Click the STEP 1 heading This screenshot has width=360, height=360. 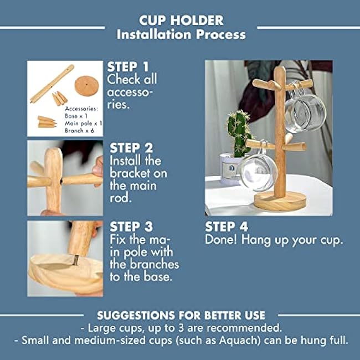click(128, 66)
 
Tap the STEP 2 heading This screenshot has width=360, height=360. click(131, 148)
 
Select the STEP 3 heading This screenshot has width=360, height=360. click(131, 227)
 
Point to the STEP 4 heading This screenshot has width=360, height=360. click(227, 227)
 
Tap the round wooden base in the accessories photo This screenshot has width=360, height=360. click(86, 85)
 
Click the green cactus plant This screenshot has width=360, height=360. click(239, 132)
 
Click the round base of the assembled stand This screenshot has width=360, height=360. click(280, 200)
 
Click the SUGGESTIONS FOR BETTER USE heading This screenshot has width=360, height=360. click(181, 315)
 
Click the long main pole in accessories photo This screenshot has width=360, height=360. click(52, 83)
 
